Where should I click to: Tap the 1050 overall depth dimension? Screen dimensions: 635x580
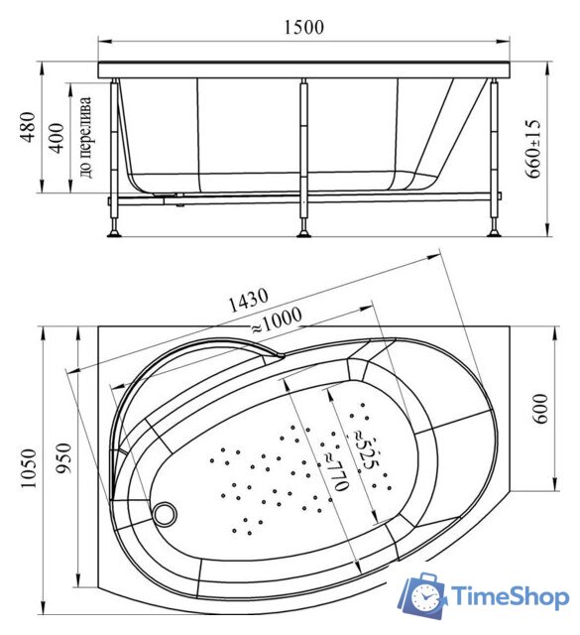click(28, 467)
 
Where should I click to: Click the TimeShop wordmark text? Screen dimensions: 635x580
click(510, 594)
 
